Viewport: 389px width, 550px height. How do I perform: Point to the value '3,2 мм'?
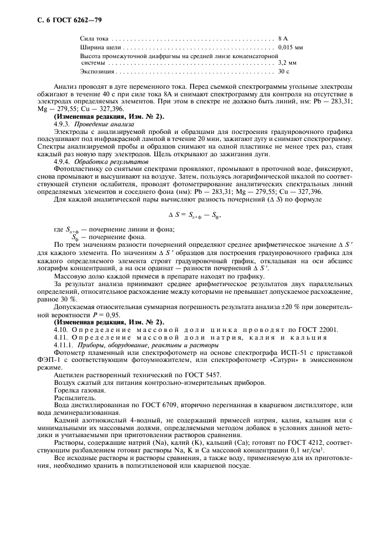(x=287, y=62)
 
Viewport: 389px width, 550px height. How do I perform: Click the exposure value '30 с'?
(x=284, y=71)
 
